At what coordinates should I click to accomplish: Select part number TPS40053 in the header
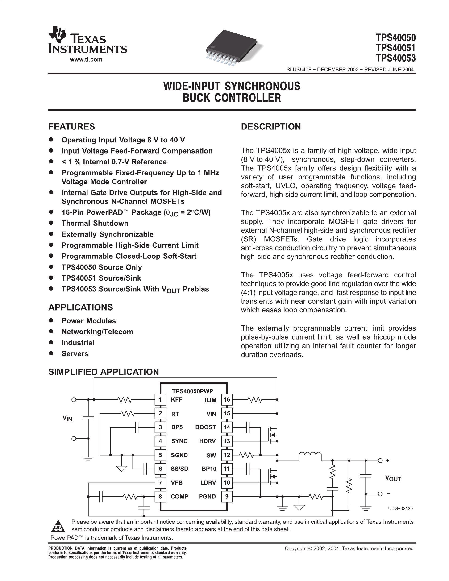[x=395, y=58]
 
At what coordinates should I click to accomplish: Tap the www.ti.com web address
[x=86, y=60]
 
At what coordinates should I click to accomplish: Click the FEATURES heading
[x=71, y=126]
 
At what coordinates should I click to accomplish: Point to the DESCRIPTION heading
[x=271, y=126]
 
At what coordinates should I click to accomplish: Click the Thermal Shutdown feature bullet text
[x=95, y=223]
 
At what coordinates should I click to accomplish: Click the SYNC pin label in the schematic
[x=179, y=441]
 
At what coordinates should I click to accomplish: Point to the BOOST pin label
[x=205, y=427]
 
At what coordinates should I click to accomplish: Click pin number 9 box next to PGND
[x=227, y=496]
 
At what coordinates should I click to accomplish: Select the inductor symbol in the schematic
[x=310, y=455]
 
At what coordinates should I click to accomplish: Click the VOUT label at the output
[x=393, y=479]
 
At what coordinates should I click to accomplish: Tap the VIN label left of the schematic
[x=67, y=419]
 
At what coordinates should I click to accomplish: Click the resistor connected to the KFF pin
[x=124, y=400]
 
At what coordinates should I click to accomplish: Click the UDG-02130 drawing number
[x=400, y=509]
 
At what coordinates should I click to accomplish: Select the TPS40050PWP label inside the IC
[x=193, y=391]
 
